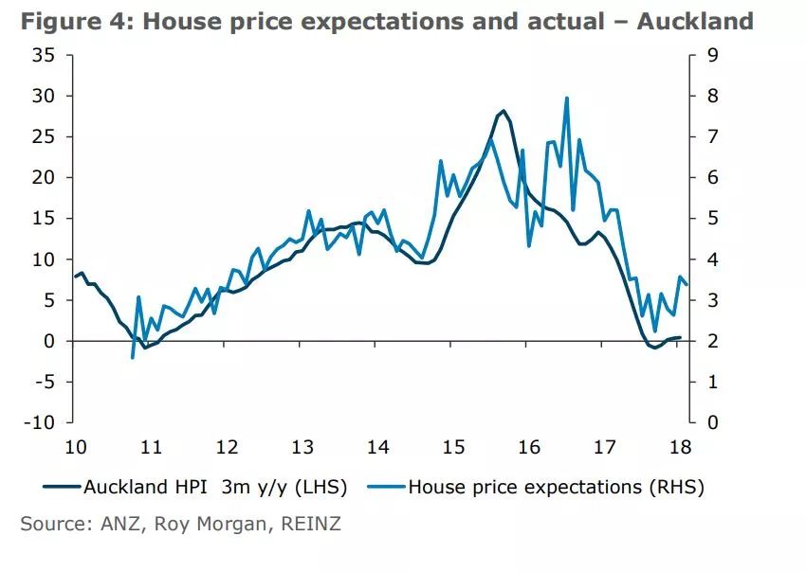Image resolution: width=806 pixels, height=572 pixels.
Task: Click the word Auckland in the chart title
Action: (695, 20)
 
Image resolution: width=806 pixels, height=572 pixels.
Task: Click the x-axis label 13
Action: (302, 447)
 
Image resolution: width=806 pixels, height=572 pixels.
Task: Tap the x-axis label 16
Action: (528, 447)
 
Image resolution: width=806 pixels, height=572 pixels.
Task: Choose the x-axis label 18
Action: (680, 447)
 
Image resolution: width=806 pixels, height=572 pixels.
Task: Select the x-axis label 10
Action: (75, 447)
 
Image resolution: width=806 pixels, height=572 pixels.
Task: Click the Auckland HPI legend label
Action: (214, 488)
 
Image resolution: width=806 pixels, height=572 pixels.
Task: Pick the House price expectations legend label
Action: (556, 488)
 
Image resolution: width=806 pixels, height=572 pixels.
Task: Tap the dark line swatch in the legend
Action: (62, 488)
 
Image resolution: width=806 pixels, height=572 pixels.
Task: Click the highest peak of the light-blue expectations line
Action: (566, 98)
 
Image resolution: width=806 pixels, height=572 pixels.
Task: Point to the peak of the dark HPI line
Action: (503, 111)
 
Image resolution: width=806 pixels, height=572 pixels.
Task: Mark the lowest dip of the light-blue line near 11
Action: (133, 358)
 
